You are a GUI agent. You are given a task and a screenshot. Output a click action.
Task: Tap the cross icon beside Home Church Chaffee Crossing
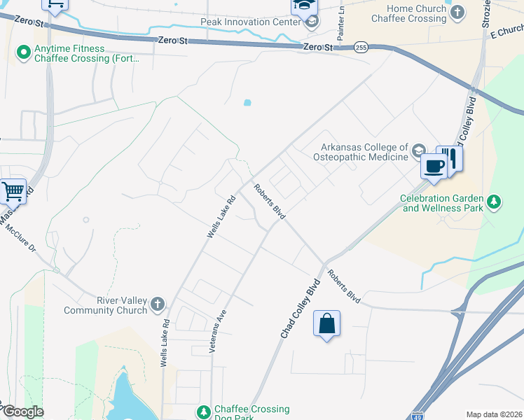(457, 12)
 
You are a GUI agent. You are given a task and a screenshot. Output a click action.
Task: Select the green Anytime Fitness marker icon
(23, 51)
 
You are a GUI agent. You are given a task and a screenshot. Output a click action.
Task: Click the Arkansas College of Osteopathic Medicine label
(364, 152)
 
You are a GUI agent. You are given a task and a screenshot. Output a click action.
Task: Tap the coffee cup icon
(434, 166)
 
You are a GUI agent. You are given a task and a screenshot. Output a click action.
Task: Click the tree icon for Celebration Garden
(495, 202)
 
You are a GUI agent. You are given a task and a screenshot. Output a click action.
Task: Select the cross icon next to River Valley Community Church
(158, 304)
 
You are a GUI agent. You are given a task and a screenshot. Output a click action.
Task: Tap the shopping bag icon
(326, 323)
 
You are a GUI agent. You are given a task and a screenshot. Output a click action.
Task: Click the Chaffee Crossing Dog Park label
(251, 413)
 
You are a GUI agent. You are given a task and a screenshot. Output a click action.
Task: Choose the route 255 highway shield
(361, 47)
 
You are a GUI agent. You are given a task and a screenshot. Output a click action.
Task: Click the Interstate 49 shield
(418, 416)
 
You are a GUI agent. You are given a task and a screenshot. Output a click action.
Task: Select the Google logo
(23, 412)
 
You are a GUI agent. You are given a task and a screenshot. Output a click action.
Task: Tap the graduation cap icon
(305, 6)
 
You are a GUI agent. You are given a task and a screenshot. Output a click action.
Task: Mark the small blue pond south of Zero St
(247, 103)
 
